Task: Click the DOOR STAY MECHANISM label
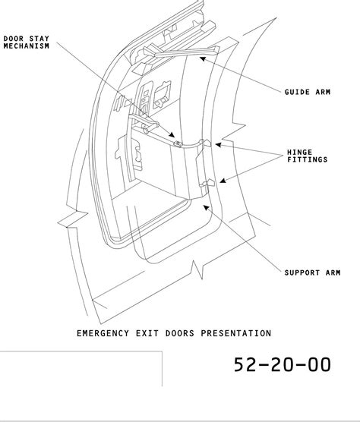click(x=27, y=43)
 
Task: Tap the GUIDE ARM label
click(x=308, y=92)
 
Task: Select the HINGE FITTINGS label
click(x=308, y=156)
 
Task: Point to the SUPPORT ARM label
click(x=313, y=272)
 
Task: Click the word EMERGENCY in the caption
click(x=103, y=333)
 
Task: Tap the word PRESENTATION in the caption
click(x=236, y=333)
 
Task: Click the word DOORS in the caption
click(x=180, y=333)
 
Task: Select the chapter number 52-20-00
click(x=283, y=364)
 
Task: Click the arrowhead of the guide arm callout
click(x=203, y=58)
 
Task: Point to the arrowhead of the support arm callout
click(x=206, y=207)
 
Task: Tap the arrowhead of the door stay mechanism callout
click(x=172, y=134)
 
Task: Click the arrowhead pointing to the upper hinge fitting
click(x=219, y=145)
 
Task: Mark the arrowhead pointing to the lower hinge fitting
click(x=223, y=181)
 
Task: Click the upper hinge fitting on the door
click(x=206, y=143)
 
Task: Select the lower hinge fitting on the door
click(x=207, y=183)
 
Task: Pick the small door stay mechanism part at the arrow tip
click(x=178, y=144)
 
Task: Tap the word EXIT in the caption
click(x=147, y=333)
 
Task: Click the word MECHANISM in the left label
click(x=27, y=46)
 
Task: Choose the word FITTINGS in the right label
click(x=308, y=159)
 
